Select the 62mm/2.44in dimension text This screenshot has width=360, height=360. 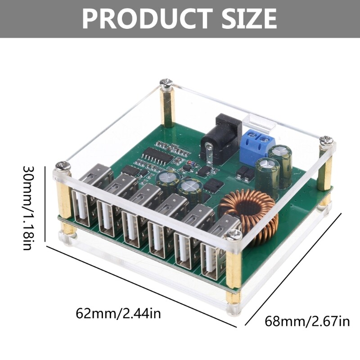[x=118, y=313]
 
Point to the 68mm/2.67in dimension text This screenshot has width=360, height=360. [x=307, y=321]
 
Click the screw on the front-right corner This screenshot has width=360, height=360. [x=234, y=234]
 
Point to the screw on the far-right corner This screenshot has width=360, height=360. [x=327, y=140]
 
